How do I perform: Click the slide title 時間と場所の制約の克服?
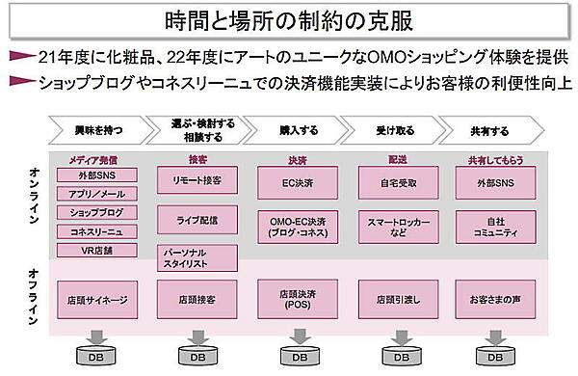(288, 18)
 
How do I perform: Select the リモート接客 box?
(197, 180)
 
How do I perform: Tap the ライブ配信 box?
(197, 220)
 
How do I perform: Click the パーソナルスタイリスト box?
(197, 257)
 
